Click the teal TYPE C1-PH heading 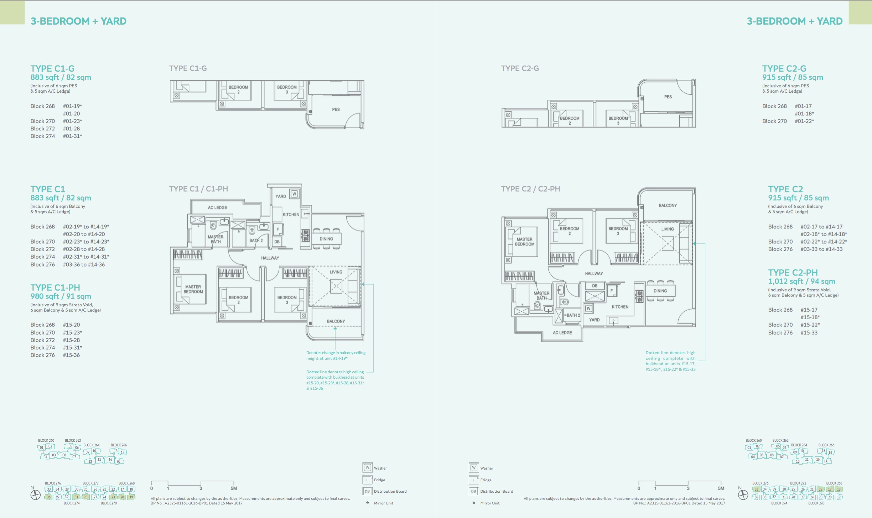pos(55,288)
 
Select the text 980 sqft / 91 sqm pos(61,296)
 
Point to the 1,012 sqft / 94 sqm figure pos(801,281)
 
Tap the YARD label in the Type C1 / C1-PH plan pos(281,196)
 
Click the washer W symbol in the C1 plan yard pos(294,194)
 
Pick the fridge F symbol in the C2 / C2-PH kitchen pos(612,291)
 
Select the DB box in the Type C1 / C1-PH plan pos(277,242)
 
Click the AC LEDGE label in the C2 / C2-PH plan pos(562,333)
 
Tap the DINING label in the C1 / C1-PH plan pos(326,239)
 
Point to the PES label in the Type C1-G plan pos(336,109)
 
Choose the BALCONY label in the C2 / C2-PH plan pos(668,206)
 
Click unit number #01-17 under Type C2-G pos(803,106)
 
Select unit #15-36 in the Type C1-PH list pos(72,355)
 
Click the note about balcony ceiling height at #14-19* pos(336,356)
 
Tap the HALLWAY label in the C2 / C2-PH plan pos(594,274)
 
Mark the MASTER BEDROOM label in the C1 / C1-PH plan pos(193,289)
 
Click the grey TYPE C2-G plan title pos(520,68)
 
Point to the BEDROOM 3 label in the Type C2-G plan pos(618,121)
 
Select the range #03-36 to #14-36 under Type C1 pos(84,264)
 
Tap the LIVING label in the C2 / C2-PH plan pos(668,229)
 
